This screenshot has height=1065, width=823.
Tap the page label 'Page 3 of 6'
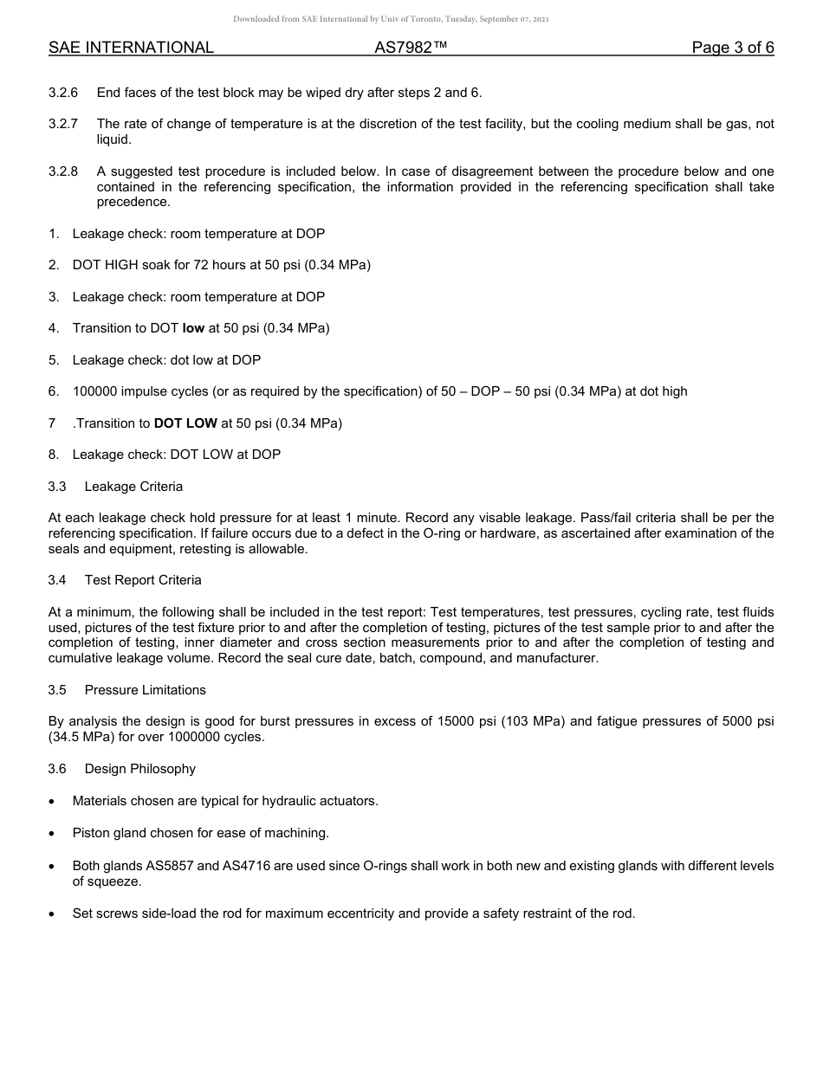732,48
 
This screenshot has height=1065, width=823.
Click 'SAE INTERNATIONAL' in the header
131,48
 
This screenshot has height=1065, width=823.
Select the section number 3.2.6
63,93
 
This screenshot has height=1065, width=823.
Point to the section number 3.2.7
63,125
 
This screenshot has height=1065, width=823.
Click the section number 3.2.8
63,171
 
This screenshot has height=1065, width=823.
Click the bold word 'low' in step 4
193,328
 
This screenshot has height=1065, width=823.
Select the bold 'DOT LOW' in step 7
185,423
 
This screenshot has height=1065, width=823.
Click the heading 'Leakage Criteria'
133,487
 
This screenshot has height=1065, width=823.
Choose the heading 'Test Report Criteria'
143,580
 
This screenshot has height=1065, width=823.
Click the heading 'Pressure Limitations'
146,690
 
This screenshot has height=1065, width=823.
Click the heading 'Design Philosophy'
140,769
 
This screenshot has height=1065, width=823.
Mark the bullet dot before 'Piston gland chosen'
54,833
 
